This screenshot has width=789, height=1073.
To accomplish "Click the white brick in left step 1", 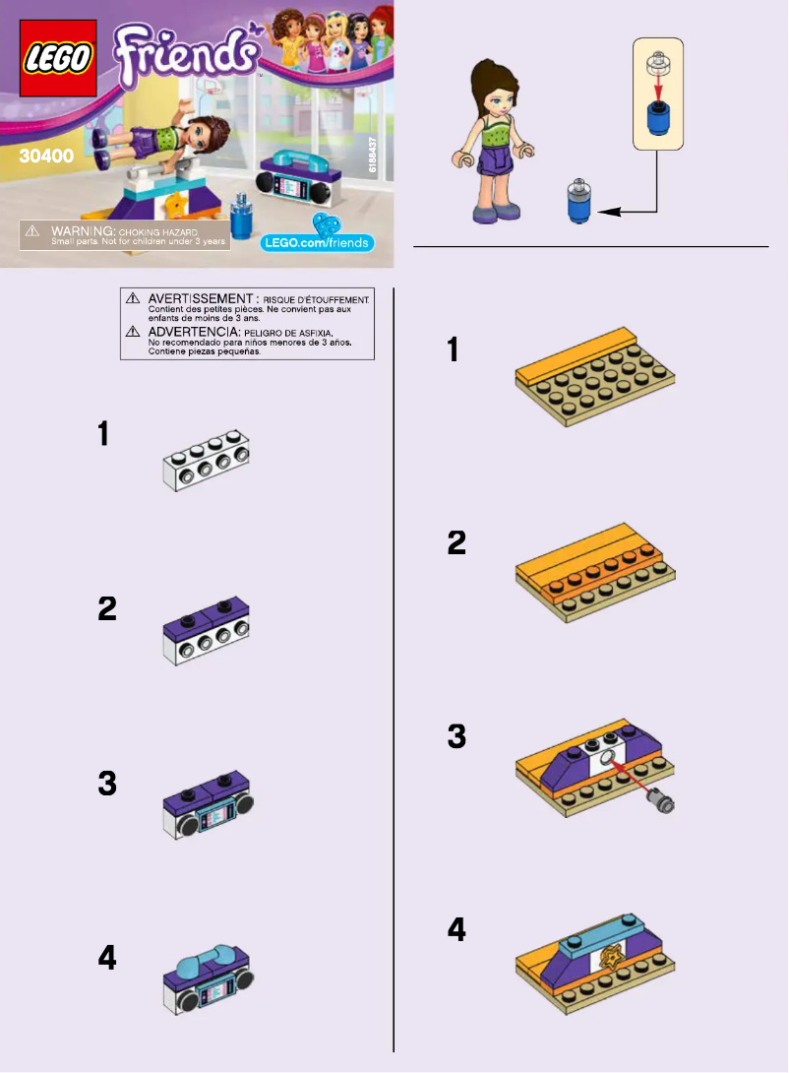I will [205, 463].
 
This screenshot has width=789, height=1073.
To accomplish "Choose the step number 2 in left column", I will [108, 609].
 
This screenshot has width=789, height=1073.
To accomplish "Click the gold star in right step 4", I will [613, 956].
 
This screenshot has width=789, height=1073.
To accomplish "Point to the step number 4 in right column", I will [457, 928].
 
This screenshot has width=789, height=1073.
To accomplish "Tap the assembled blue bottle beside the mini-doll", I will [580, 201].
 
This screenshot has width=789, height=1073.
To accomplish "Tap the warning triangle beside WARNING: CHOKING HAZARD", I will [32, 230].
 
